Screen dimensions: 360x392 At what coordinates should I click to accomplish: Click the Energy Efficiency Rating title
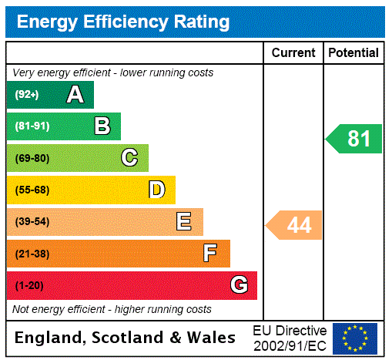tap(123, 22)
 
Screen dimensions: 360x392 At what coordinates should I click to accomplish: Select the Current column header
tap(293, 53)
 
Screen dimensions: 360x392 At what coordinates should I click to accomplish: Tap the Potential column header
tap(353, 53)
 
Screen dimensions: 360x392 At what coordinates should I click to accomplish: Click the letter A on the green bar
tap(75, 95)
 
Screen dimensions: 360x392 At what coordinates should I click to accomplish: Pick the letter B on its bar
tap(102, 126)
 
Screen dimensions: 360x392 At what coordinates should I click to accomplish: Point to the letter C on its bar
tap(129, 158)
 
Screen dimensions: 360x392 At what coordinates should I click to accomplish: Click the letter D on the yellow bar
tap(156, 190)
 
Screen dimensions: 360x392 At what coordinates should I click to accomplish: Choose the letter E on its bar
tap(184, 222)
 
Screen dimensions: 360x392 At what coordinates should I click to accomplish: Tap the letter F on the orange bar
tap(209, 254)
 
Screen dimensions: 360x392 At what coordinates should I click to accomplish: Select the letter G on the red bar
tap(239, 285)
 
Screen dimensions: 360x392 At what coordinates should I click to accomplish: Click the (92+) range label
tap(26, 95)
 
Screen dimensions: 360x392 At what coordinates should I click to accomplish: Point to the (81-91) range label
tap(32, 126)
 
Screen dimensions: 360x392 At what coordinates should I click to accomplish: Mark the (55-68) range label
tap(32, 190)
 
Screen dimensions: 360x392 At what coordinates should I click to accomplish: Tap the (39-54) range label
tap(32, 222)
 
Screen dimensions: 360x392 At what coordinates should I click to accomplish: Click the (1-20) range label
tap(29, 286)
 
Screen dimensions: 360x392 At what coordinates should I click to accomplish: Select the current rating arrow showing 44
tap(295, 225)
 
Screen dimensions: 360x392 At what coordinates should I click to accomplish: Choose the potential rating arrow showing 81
tap(355, 139)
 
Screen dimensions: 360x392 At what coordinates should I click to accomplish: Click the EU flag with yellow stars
tap(355, 338)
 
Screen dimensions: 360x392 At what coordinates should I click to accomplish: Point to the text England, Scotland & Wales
tap(126, 338)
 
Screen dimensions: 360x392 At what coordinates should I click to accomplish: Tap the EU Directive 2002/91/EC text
tap(290, 338)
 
